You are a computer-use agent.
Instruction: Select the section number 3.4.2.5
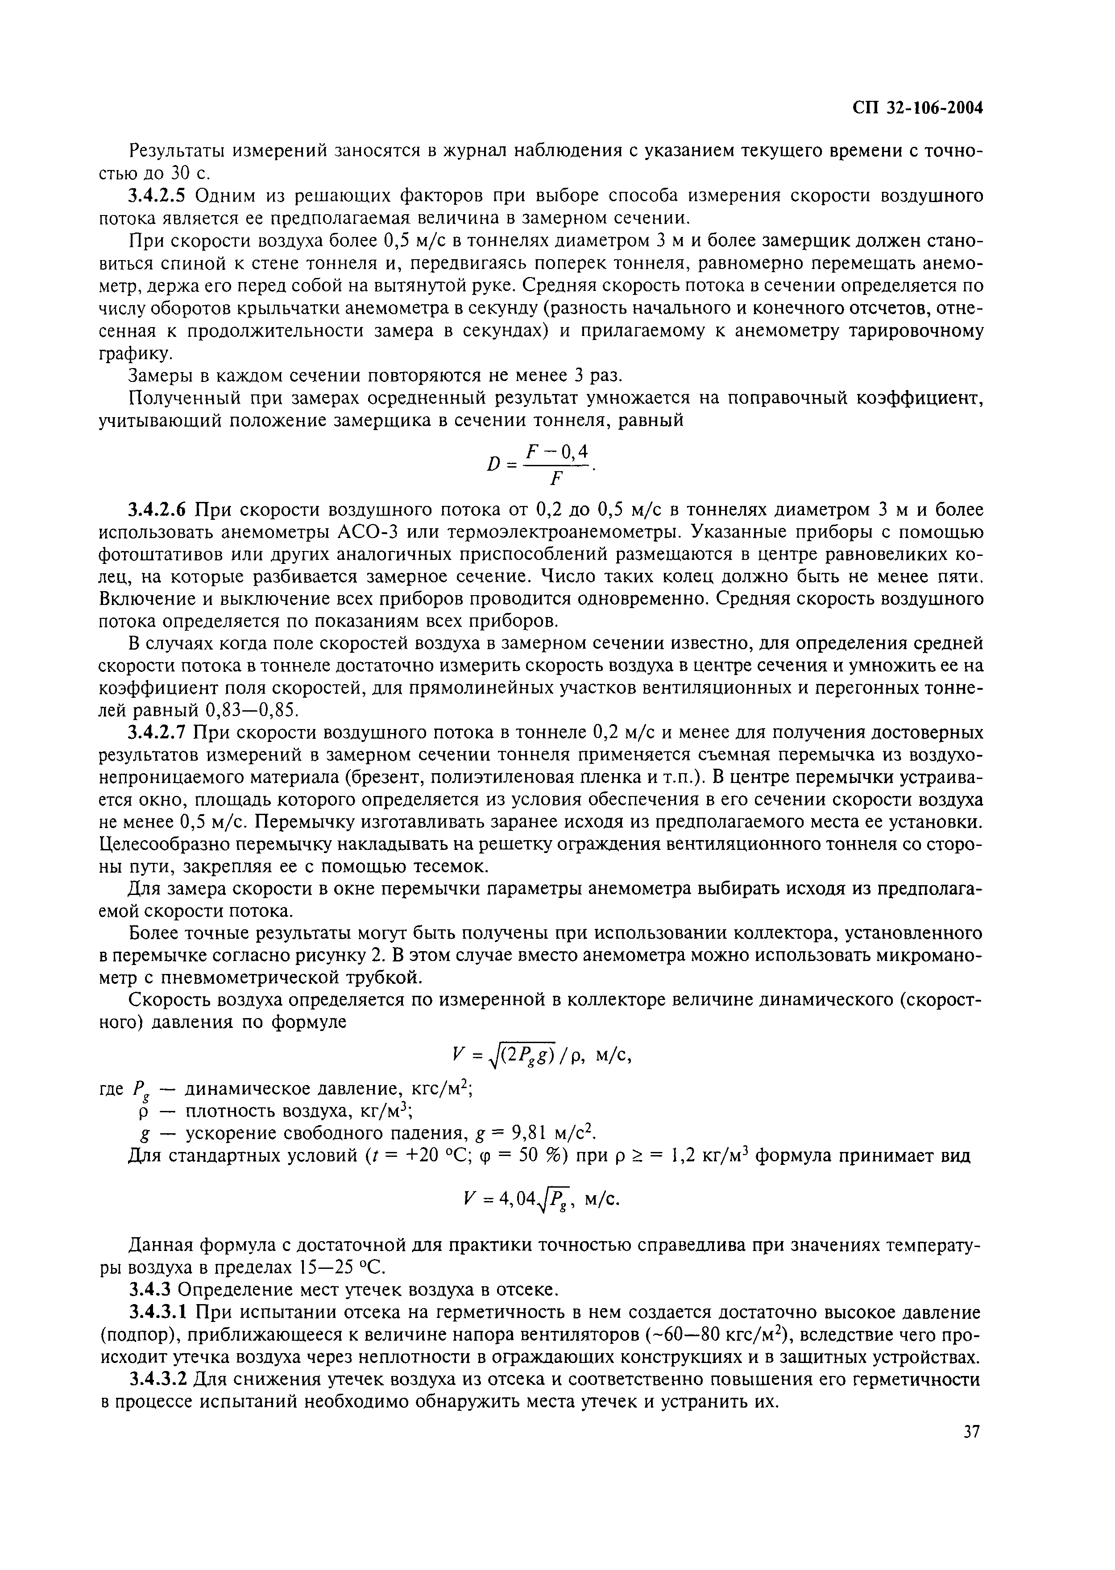coord(159,197)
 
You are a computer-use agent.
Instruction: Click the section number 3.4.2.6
coord(159,510)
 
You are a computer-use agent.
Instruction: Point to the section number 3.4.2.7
coord(159,732)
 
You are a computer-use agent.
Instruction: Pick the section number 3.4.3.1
coord(159,1313)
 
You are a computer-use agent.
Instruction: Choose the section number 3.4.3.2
coord(159,1379)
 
